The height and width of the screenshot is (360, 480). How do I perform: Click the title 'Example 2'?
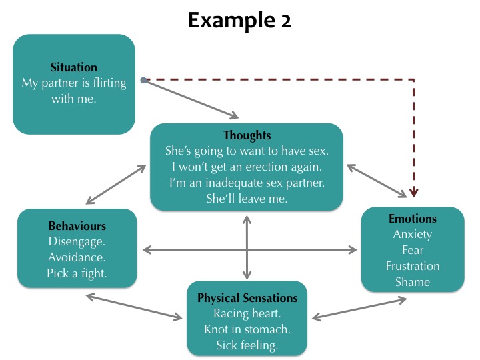[239, 21]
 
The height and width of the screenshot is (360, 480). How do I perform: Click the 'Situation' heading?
[74, 67]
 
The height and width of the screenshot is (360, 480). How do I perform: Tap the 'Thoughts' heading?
[247, 135]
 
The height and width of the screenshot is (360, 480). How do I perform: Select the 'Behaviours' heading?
[77, 226]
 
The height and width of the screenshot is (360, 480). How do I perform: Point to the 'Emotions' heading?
[413, 219]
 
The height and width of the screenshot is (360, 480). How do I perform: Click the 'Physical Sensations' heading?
[247, 298]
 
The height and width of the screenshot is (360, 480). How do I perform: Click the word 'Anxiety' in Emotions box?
[413, 234]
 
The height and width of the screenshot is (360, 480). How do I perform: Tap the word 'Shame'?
[413, 282]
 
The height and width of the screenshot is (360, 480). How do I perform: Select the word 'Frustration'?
[413, 266]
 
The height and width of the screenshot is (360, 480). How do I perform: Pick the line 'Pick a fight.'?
[77, 273]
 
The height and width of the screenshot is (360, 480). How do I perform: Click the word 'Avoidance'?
[76, 257]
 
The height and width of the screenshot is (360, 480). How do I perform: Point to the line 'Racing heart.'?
[247, 314]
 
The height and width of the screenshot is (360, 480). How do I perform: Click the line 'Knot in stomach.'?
[247, 330]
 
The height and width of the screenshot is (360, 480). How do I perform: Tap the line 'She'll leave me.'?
[247, 199]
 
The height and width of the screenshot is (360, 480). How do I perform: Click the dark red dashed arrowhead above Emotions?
[413, 193]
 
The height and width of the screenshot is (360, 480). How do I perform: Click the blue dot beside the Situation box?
[143, 80]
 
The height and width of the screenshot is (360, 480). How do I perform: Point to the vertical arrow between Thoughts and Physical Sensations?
[247, 247]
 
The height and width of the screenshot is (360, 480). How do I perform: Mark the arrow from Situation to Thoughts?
[191, 99]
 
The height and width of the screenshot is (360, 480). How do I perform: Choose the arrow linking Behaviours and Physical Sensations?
[134, 307]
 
